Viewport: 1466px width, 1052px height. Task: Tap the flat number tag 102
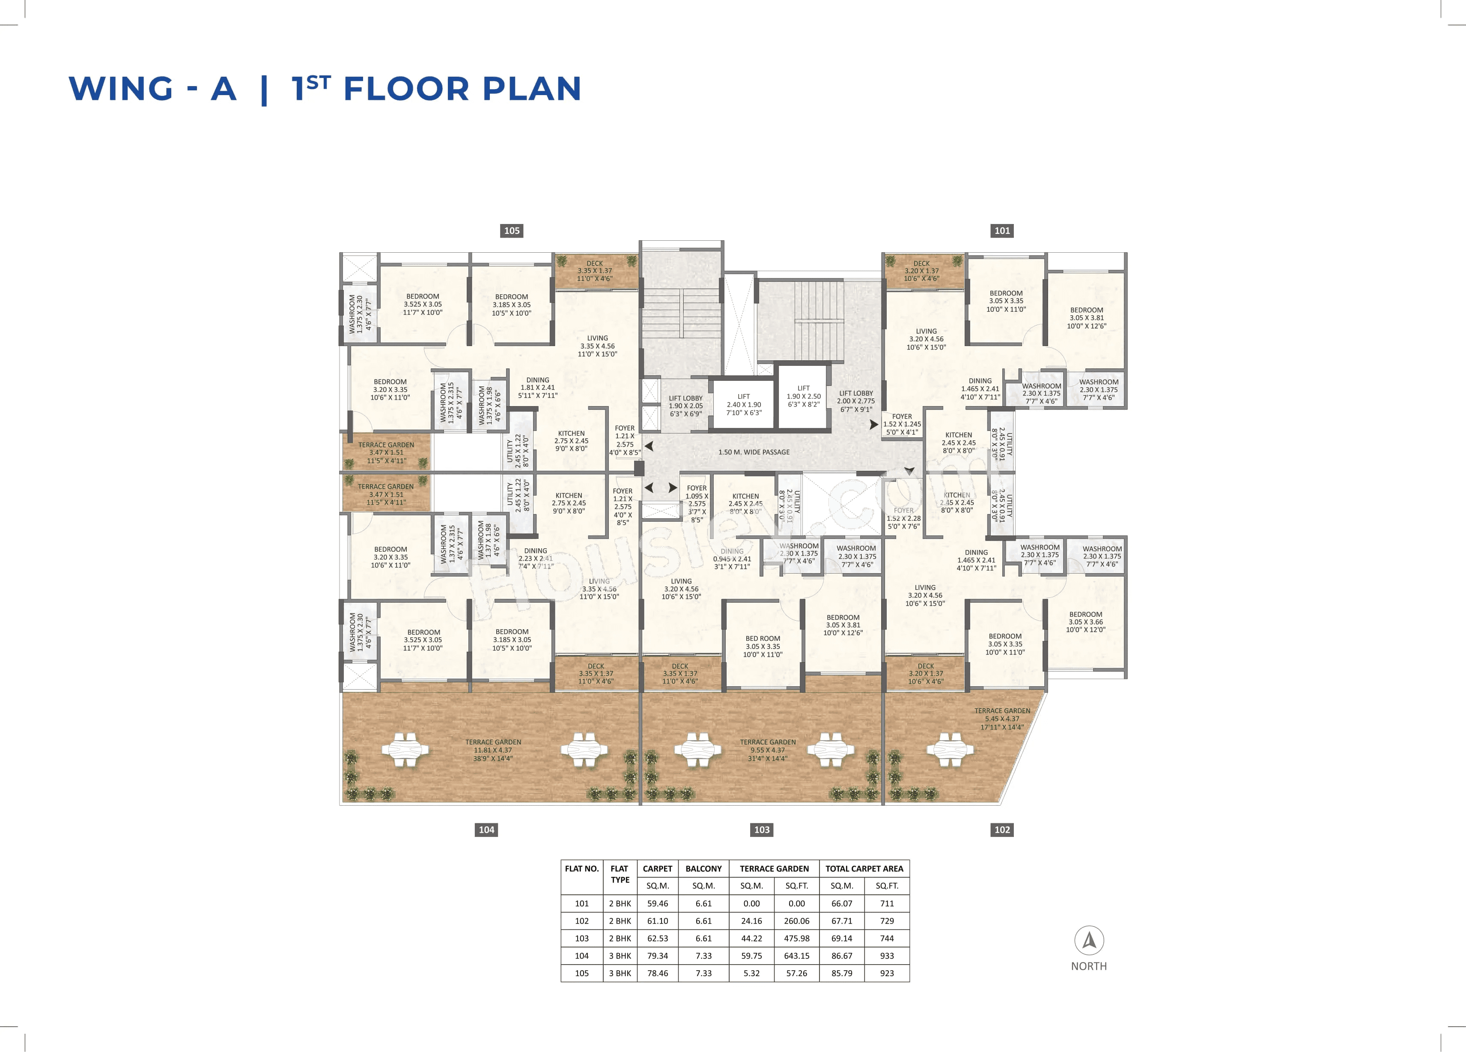pyautogui.click(x=1002, y=830)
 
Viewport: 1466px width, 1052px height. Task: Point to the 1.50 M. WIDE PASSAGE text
pyautogui.click(x=754, y=452)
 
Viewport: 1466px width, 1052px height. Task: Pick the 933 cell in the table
pyautogui.click(x=887, y=956)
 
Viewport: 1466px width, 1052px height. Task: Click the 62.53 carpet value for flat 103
pyautogui.click(x=657, y=938)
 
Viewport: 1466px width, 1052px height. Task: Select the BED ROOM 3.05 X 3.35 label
pyautogui.click(x=763, y=646)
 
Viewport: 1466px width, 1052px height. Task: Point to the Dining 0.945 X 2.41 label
pyautogui.click(x=732, y=559)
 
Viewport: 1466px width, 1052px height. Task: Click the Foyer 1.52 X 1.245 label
pyautogui.click(x=903, y=424)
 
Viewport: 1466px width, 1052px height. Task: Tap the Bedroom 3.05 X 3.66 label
pyautogui.click(x=1085, y=622)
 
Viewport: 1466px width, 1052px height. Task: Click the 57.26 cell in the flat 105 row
pyautogui.click(x=796, y=973)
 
